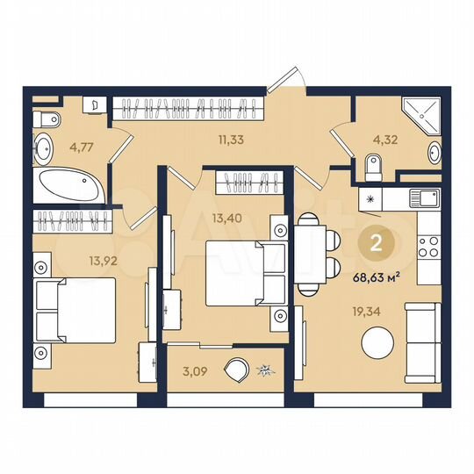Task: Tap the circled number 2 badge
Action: [377, 245]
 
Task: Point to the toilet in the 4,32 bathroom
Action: [372, 164]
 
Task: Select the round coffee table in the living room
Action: [378, 342]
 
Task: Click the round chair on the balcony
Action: [237, 371]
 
